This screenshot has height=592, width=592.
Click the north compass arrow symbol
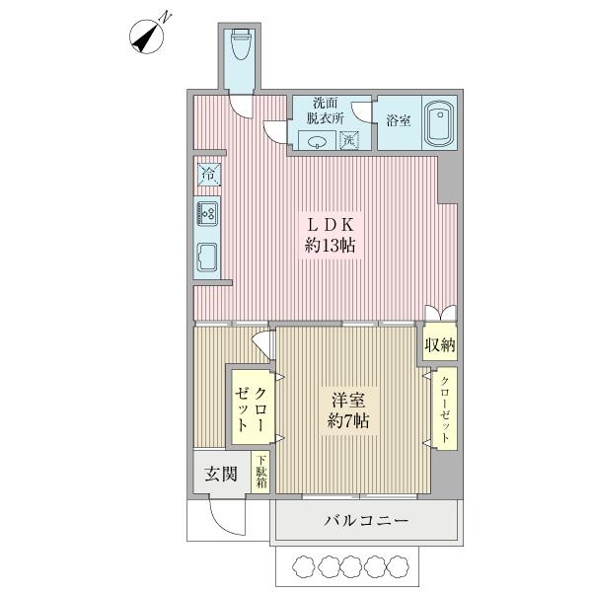click(x=150, y=36)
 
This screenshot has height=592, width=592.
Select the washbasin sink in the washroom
click(x=318, y=140)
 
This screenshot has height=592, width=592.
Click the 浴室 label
click(x=400, y=121)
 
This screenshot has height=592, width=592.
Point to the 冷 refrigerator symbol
click(x=208, y=175)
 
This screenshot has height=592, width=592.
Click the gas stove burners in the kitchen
click(x=208, y=211)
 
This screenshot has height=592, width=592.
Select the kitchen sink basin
click(x=208, y=256)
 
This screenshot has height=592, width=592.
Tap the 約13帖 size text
click(x=330, y=247)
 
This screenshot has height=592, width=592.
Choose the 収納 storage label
click(x=440, y=345)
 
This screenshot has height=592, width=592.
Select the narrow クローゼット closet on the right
click(x=444, y=409)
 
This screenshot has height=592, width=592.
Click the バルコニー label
click(x=365, y=521)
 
